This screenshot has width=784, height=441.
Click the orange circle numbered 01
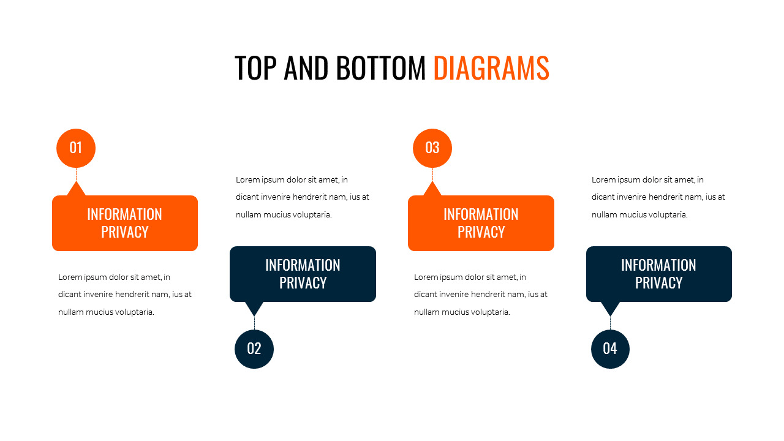tap(76, 148)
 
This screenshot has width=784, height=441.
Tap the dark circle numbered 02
tap(254, 349)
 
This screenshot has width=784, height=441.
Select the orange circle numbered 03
tap(432, 148)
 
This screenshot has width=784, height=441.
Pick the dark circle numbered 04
tap(610, 349)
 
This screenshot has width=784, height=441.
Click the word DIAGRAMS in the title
tap(491, 68)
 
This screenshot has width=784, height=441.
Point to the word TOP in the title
tap(255, 68)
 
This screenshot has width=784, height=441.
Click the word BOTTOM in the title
tap(380, 68)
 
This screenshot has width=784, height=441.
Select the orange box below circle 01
tap(125, 223)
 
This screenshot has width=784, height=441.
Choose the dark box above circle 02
tap(303, 274)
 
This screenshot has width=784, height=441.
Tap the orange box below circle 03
tap(481, 223)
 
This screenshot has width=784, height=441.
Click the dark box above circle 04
tap(659, 274)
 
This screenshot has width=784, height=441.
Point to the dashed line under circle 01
tap(76, 175)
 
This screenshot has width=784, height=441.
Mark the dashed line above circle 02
tap(254, 323)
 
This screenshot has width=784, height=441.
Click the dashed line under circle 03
tap(432, 175)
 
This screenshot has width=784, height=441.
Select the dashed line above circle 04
tap(610, 323)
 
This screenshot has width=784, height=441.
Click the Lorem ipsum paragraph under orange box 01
tap(124, 295)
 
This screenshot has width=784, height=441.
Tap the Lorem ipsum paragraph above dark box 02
tap(302, 197)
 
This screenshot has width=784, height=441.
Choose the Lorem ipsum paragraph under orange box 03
tap(480, 295)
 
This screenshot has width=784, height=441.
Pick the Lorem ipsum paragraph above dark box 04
tap(658, 197)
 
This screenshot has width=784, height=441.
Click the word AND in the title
tap(309, 68)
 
